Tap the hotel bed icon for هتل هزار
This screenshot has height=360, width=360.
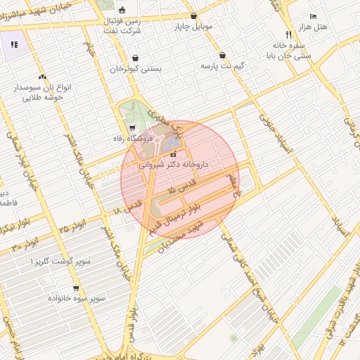[x=313, y=16]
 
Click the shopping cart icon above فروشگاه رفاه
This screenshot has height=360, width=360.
[x=133, y=127]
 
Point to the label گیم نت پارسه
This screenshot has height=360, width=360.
[x=224, y=66]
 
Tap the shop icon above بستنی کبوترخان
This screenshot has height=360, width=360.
[x=135, y=58]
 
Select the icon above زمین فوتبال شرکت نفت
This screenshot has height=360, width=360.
[x=123, y=10]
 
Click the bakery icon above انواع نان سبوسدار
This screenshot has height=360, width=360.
[x=43, y=77]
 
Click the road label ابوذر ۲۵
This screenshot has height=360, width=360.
[x=73, y=226]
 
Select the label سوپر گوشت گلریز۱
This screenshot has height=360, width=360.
[x=62, y=261]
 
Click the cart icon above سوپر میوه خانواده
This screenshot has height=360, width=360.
[x=76, y=288]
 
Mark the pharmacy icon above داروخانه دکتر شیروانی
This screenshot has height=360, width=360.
[x=173, y=154]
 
